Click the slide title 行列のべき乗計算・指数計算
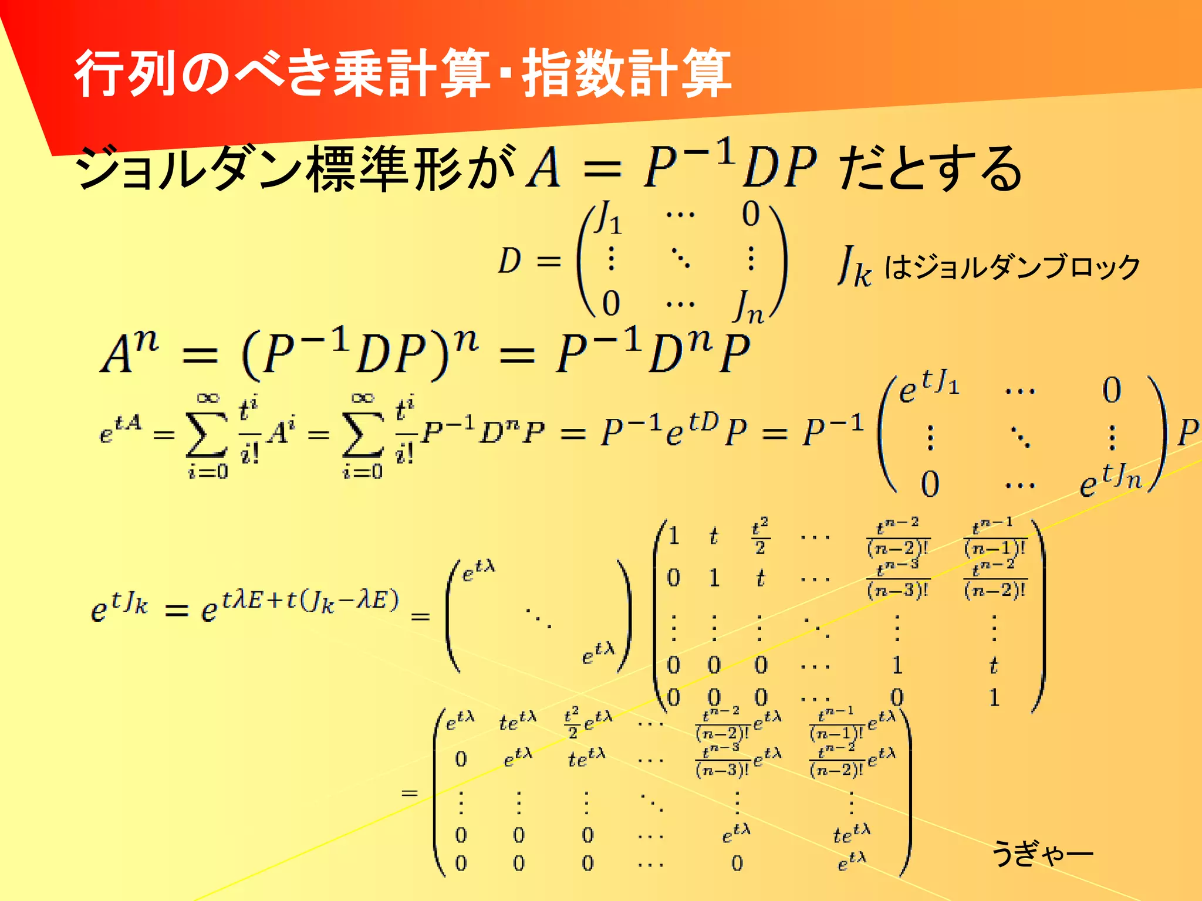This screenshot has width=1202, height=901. click(x=403, y=73)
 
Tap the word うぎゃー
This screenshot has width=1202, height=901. click(x=1042, y=853)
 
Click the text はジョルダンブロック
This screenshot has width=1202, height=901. click(x=1012, y=267)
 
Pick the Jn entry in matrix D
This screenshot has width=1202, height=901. click(x=748, y=306)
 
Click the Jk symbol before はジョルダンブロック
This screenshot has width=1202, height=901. click(x=855, y=267)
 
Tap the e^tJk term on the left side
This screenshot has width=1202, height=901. click(x=120, y=607)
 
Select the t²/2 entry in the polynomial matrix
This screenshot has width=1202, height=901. click(x=760, y=536)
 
